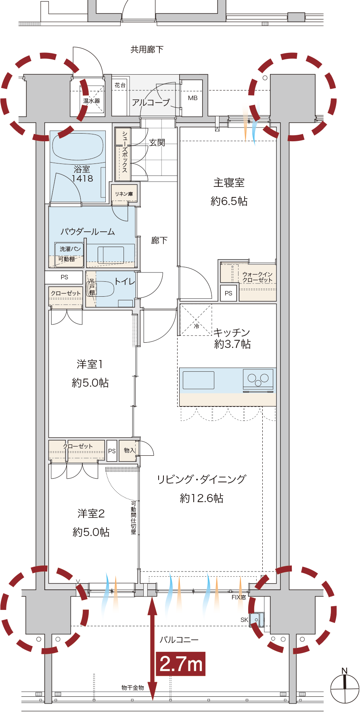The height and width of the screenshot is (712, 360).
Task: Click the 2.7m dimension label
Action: click(x=181, y=664)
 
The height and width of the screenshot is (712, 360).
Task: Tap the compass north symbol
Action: click(x=345, y=688)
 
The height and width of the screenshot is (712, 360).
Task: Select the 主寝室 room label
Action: click(x=229, y=183)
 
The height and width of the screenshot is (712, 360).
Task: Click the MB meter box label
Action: click(x=193, y=98)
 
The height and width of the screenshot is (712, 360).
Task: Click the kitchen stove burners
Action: click(x=258, y=379)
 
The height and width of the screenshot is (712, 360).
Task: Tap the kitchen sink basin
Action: click(x=199, y=380)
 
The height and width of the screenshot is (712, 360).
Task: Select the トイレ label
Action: click(x=125, y=281)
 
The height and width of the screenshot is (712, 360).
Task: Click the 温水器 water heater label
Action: click(x=92, y=101)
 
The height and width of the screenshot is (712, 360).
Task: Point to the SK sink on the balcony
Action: click(x=256, y=619)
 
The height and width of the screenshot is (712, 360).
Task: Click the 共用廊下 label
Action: click(x=147, y=49)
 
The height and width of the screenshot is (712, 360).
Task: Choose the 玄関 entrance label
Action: click(x=157, y=142)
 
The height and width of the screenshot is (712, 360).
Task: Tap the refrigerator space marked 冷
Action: click(x=196, y=320)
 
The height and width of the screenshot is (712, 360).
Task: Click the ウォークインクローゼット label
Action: click(x=257, y=277)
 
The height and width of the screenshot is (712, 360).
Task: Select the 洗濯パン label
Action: click(x=70, y=249)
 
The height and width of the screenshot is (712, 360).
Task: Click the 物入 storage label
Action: click(x=130, y=450)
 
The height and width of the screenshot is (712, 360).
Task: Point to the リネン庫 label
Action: click(x=124, y=194)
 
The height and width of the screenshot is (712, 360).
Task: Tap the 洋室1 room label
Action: click(x=90, y=364)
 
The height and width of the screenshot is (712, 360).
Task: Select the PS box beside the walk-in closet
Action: click(x=228, y=293)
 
